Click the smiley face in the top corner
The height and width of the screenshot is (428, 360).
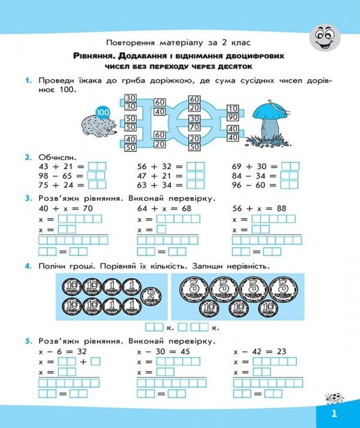tap(325, 37)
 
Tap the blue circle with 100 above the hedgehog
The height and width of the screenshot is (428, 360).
tap(103, 112)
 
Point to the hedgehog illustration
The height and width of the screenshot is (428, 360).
tap(99, 126)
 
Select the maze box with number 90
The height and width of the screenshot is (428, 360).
tap(233, 117)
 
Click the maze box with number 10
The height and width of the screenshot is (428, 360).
tap(233, 108)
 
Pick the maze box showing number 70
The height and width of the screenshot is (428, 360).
tap(194, 127)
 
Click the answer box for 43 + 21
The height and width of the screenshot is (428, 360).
tap(97, 167)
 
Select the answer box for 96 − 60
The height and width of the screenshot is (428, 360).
tap(290, 185)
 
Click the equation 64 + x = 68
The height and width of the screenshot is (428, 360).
tap(164, 209)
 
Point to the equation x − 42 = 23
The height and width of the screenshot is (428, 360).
tap(260, 351)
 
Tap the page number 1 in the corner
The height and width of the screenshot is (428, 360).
tap(334, 414)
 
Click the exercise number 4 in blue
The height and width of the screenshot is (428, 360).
tap(28, 266)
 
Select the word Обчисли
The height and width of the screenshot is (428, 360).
tap(58, 158)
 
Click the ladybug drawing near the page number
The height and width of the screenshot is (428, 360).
tap(334, 398)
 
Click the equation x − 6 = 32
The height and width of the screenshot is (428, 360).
tap(62, 351)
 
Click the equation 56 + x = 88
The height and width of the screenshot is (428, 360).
tap(259, 209)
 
